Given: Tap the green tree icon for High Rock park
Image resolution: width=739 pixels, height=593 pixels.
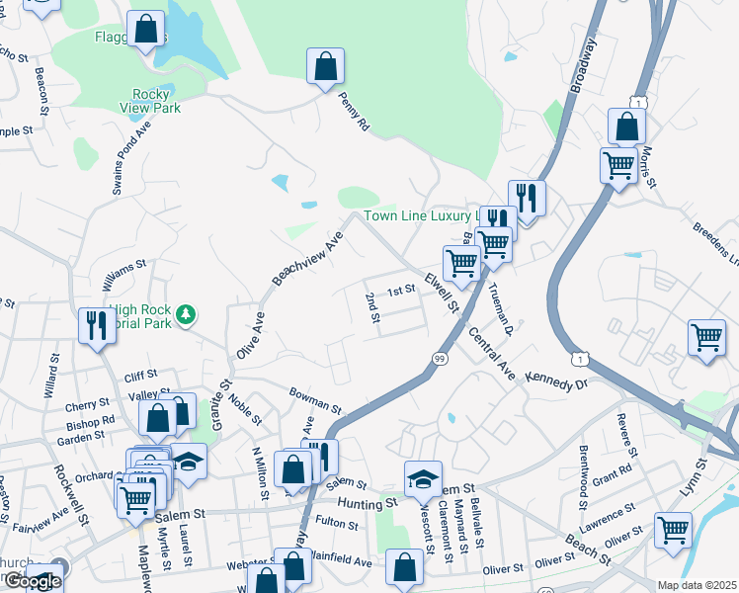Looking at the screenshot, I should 185,315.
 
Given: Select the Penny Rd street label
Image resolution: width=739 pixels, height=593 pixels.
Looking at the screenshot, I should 353,112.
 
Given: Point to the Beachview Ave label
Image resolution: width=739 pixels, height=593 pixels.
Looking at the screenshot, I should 307,259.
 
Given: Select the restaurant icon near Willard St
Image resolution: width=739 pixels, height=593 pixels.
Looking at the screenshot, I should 97,324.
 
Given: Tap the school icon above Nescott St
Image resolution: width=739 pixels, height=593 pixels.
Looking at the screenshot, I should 422,478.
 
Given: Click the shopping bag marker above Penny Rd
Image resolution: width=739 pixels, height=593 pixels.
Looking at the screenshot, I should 325,67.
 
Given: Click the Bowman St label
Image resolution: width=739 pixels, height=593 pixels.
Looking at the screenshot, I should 315,400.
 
